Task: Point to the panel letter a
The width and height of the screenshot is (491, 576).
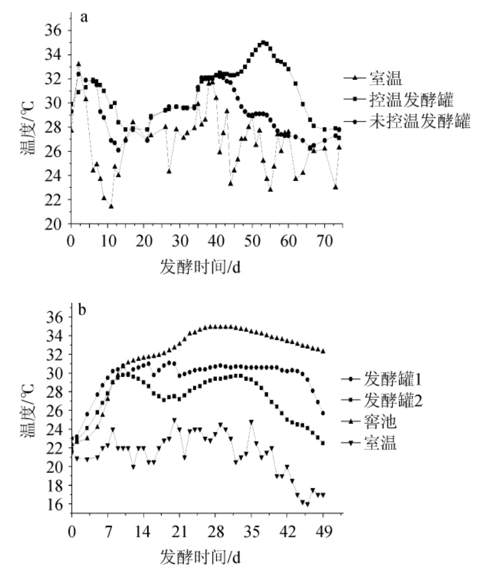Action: click(84, 17)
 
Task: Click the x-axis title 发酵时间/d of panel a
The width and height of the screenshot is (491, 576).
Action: click(200, 267)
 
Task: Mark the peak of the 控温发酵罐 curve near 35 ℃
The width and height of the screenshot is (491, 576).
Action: click(263, 42)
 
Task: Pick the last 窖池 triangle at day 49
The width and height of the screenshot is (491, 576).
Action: click(323, 351)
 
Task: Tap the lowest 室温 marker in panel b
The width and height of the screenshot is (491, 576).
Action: click(307, 505)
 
